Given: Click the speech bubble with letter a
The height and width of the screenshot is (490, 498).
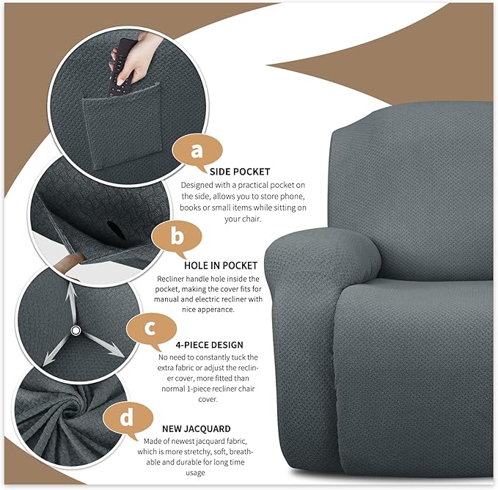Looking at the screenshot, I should (x=196, y=150).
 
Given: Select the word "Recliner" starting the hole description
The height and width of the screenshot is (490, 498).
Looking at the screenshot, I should (x=174, y=279).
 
